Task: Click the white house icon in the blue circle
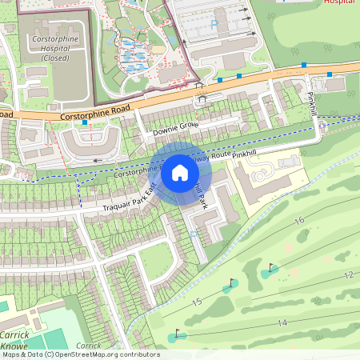click(x=180, y=172)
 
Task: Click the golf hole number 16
click(x=300, y=219)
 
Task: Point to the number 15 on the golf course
click(x=196, y=302)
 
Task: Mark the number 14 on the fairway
click(x=282, y=322)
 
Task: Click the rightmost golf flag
click(x=271, y=268)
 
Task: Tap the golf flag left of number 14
click(x=177, y=333)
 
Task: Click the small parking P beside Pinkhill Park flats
click(x=194, y=234)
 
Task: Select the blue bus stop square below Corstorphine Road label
click(x=84, y=122)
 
